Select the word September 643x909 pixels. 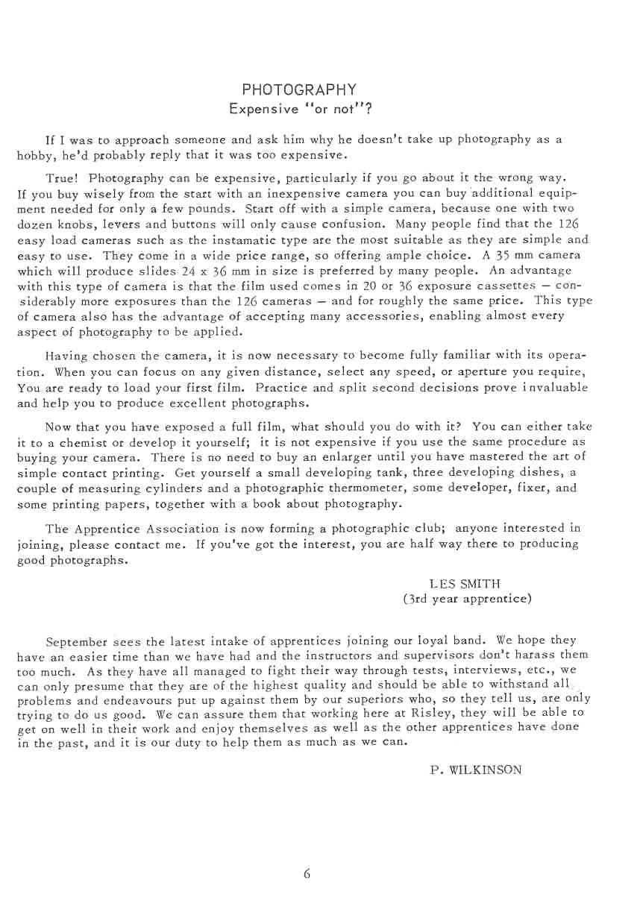[78, 641]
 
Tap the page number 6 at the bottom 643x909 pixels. [307, 874]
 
